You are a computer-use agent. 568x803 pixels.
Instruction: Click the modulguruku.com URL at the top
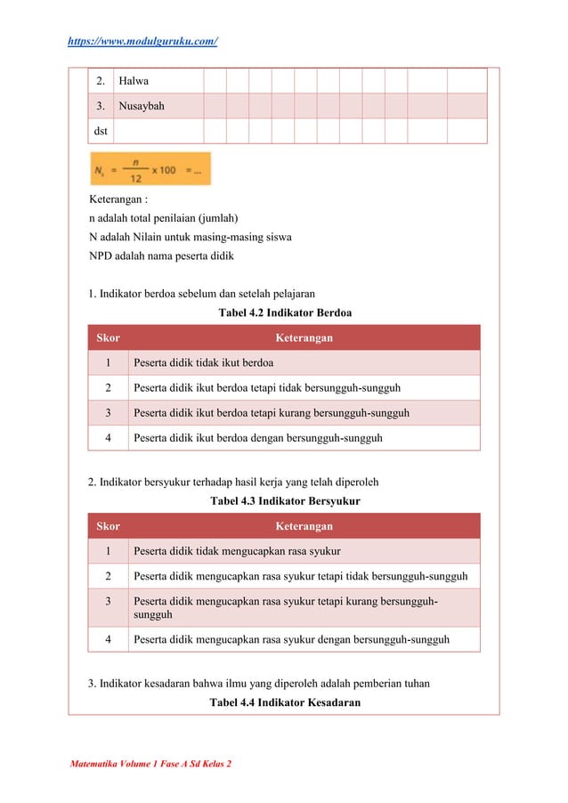[x=142, y=42]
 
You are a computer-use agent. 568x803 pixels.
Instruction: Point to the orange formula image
[x=150, y=169]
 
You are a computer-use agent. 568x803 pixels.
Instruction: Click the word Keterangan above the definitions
[x=118, y=199]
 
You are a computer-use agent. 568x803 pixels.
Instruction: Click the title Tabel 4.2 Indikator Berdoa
[x=284, y=312]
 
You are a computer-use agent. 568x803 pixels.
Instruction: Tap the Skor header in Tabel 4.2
[x=108, y=337]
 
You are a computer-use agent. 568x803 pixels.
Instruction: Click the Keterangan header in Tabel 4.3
[x=304, y=526]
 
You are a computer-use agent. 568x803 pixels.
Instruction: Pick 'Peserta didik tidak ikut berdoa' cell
[x=203, y=362]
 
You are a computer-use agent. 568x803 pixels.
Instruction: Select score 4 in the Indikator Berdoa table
[x=108, y=438]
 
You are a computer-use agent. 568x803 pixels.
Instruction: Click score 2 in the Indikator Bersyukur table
[x=108, y=576]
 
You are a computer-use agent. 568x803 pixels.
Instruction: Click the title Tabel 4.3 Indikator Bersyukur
[x=284, y=501]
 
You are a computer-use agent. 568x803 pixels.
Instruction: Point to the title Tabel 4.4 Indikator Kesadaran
[x=284, y=702]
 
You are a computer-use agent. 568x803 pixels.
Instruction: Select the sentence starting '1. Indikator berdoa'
[x=201, y=293]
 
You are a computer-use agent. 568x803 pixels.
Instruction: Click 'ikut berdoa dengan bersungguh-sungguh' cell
[x=257, y=438]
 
